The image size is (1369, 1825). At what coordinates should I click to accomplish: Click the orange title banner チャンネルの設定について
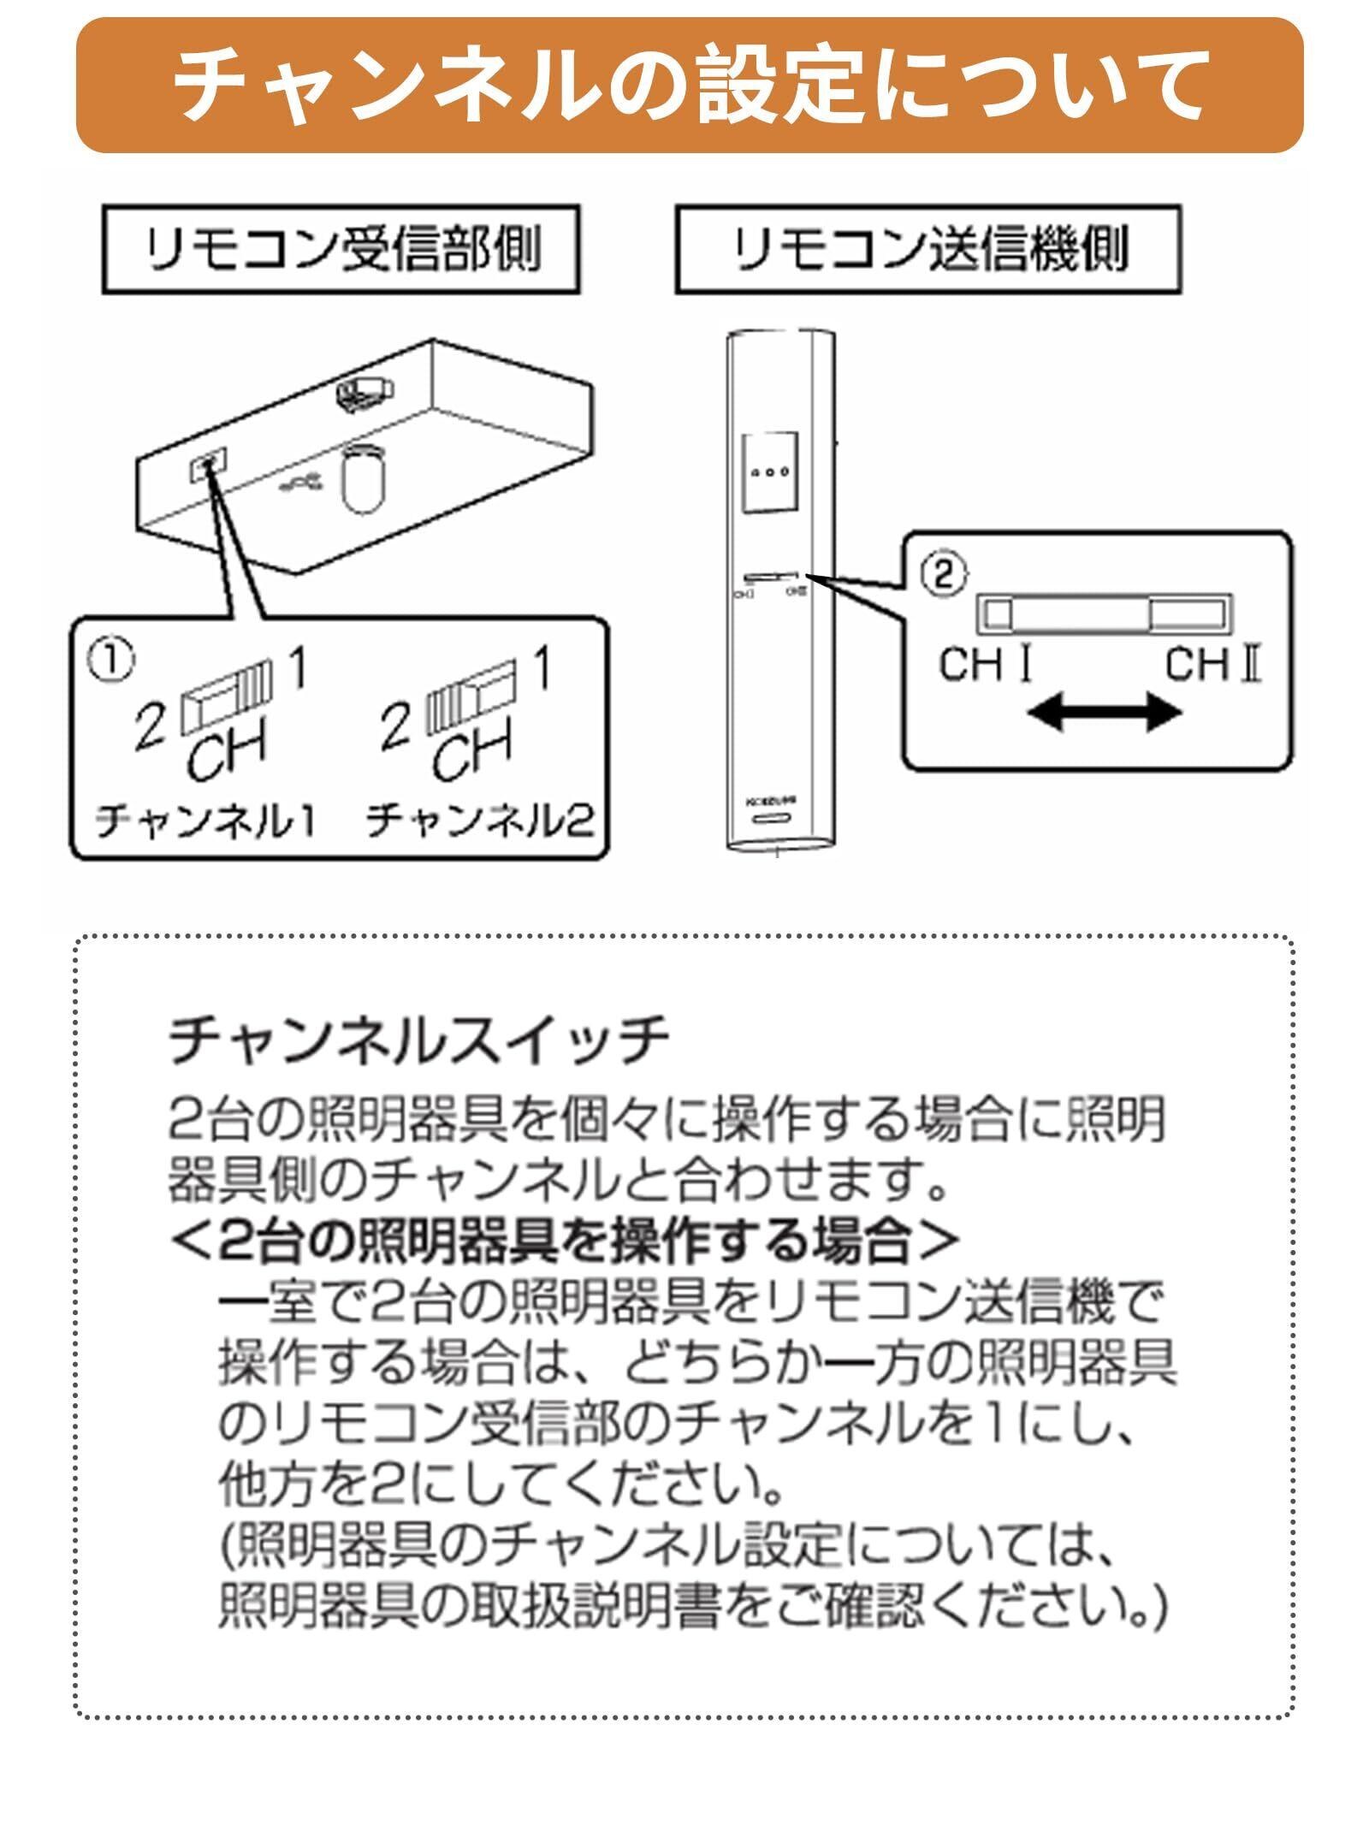[689, 86]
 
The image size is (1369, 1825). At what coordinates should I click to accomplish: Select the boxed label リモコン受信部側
[341, 250]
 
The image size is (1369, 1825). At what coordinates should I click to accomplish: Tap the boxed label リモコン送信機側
[927, 250]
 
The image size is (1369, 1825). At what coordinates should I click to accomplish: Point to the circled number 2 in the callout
[942, 574]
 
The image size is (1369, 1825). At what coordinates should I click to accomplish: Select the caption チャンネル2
[479, 822]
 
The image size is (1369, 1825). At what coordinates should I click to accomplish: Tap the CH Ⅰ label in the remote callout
[985, 665]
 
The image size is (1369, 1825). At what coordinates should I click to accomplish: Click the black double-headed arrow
[1104, 713]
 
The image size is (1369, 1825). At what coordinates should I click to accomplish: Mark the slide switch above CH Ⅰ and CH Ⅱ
[1105, 614]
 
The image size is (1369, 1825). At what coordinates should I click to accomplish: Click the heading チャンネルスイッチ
[419, 1041]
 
